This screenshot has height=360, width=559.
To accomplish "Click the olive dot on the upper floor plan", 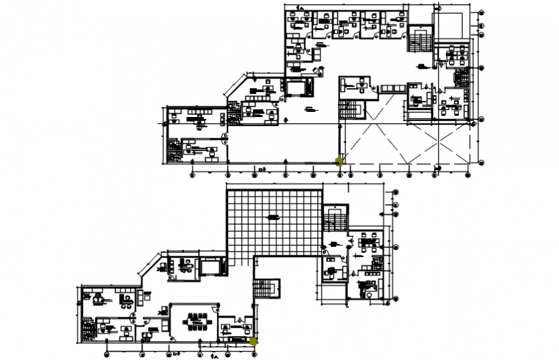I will tap(339, 161).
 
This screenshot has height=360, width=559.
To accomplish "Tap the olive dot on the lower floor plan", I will tap(254, 341).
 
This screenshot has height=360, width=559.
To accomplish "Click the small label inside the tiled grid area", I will tap(274, 217).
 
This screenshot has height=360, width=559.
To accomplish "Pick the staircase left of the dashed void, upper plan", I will tap(348, 109).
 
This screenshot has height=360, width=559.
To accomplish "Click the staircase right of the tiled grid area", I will tap(335, 221).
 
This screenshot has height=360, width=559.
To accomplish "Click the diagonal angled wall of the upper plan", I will tap(235, 85).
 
